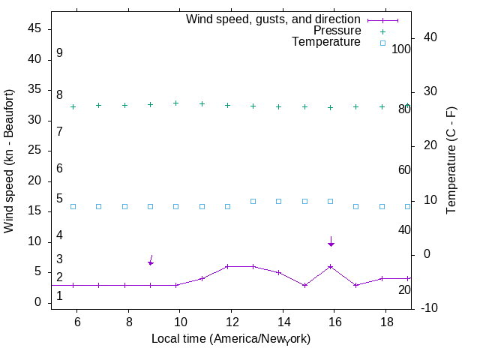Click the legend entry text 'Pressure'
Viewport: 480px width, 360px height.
pos(337,31)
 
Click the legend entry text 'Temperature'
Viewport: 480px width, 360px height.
pos(326,42)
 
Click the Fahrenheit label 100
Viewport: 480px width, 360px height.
pos(401,49)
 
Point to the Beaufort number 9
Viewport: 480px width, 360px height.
pos(59,53)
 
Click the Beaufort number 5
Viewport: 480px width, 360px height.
pos(59,199)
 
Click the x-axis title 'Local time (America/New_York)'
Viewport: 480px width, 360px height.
pos(231,339)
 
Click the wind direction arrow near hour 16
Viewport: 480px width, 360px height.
pos(331,241)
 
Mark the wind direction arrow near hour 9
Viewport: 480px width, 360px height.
pos(151,260)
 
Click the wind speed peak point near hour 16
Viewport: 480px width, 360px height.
pos(330,266)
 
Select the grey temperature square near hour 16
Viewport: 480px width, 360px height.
pos(330,201)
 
